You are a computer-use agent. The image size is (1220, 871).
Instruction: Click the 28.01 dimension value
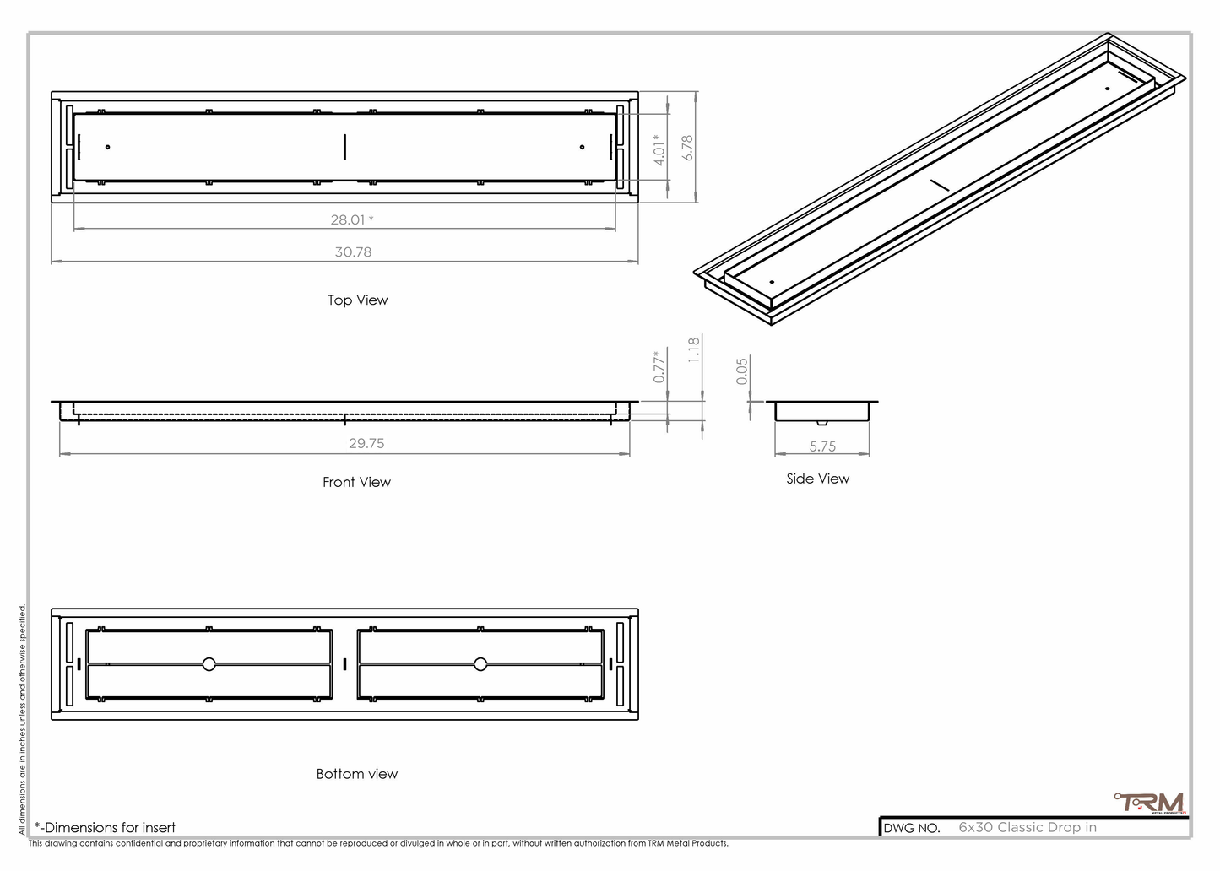pos(349,219)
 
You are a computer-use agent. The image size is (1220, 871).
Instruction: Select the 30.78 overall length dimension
pos(353,252)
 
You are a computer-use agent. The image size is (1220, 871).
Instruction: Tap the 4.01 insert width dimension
pos(659,149)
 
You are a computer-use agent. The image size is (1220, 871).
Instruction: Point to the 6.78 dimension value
pos(688,148)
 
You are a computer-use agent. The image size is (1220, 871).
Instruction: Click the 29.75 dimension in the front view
pos(366,443)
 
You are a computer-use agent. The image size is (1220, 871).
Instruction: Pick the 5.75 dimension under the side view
pos(822,446)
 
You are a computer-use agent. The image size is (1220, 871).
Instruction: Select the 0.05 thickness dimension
pos(742,371)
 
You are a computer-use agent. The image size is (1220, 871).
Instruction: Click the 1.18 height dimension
pos(694,349)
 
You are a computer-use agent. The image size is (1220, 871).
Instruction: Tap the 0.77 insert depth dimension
pos(659,367)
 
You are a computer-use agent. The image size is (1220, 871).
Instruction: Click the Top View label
pos(358,300)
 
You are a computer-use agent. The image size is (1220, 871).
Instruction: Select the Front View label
pos(356,482)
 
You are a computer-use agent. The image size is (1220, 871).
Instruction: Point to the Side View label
pos(817,479)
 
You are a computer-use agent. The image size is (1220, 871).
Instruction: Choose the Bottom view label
pos(356,774)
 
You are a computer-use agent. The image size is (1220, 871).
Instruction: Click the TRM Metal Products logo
pos(1151,803)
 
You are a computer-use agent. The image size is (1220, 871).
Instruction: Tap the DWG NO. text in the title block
pos(912,828)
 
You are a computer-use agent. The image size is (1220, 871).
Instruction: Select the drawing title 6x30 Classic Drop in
pos(1028,827)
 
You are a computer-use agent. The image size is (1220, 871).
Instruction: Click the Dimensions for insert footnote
pos(106,827)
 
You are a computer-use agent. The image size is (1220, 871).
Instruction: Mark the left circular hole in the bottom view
pos(209,664)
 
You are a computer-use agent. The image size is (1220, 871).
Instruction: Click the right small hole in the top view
pos(582,148)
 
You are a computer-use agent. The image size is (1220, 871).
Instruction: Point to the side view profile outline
pos(821,411)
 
